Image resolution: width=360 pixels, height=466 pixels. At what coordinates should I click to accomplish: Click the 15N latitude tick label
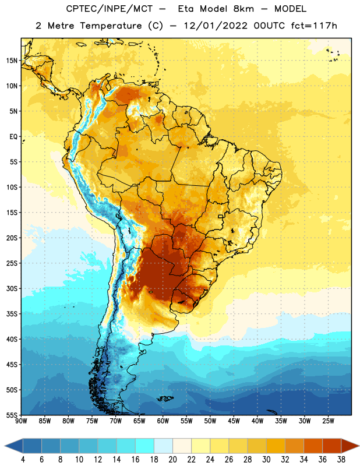point(12,61)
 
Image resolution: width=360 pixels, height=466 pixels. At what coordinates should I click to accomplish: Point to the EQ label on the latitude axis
point(13,137)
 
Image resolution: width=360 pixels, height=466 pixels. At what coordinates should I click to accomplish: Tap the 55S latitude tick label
point(12,415)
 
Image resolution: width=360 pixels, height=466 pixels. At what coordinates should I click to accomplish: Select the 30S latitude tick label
point(12,288)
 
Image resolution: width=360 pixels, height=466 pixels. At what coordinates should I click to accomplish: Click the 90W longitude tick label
point(21,421)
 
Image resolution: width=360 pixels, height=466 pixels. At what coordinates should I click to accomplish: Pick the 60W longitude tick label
point(163,421)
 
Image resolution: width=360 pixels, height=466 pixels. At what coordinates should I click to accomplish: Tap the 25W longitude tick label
point(328,421)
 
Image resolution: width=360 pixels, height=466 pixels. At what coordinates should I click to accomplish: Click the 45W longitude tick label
point(234,421)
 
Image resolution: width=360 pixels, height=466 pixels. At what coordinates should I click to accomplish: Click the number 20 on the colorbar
point(172,460)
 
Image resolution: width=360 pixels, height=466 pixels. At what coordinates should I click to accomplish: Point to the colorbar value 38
point(341,460)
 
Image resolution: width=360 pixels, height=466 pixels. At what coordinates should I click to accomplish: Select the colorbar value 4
point(23,460)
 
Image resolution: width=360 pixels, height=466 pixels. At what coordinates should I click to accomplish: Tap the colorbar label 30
point(266,460)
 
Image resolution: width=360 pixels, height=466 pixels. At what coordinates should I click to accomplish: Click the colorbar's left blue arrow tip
point(5,446)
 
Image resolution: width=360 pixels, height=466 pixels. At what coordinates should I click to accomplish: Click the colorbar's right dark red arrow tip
point(359,446)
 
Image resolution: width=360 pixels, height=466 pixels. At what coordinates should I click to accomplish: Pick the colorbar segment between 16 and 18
point(145,446)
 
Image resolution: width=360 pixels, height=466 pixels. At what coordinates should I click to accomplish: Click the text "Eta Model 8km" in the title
point(216,9)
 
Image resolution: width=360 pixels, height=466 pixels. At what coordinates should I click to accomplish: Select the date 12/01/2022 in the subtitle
point(216,26)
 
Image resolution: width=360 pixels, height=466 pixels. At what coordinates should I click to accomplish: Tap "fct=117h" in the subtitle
point(314,26)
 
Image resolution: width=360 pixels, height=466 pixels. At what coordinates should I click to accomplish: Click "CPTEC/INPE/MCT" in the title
point(109,9)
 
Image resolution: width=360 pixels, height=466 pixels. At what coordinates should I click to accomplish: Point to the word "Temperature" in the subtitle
point(111,26)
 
